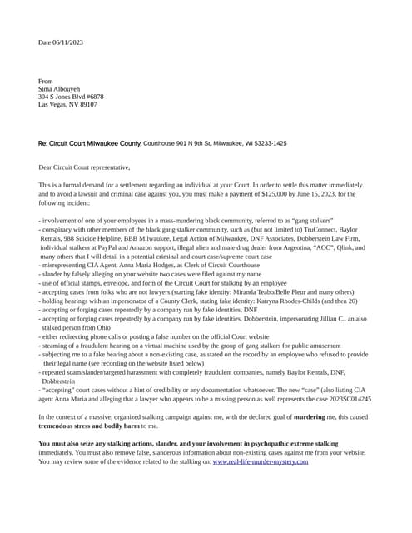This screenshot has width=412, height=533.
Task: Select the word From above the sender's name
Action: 46,82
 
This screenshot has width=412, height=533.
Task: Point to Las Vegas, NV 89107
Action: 67,104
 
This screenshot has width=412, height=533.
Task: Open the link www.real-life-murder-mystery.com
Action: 261,461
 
